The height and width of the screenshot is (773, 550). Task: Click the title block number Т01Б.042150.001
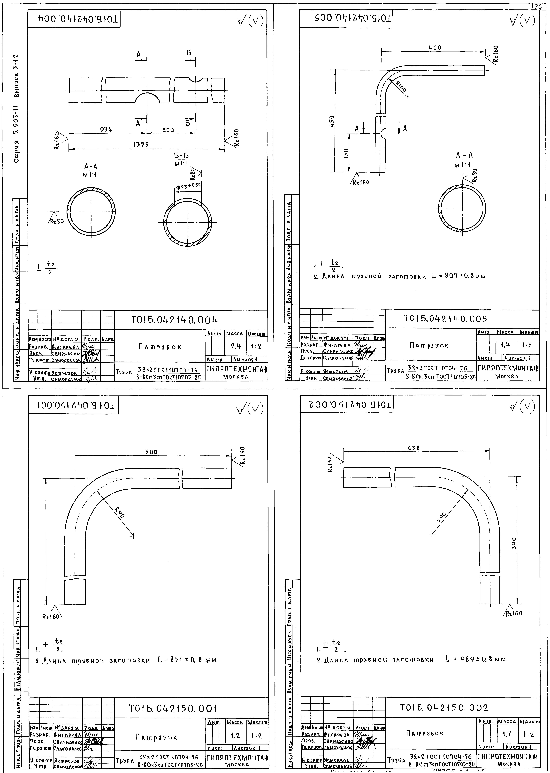click(x=173, y=708)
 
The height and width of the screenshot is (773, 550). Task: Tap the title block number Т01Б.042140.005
click(x=445, y=319)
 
